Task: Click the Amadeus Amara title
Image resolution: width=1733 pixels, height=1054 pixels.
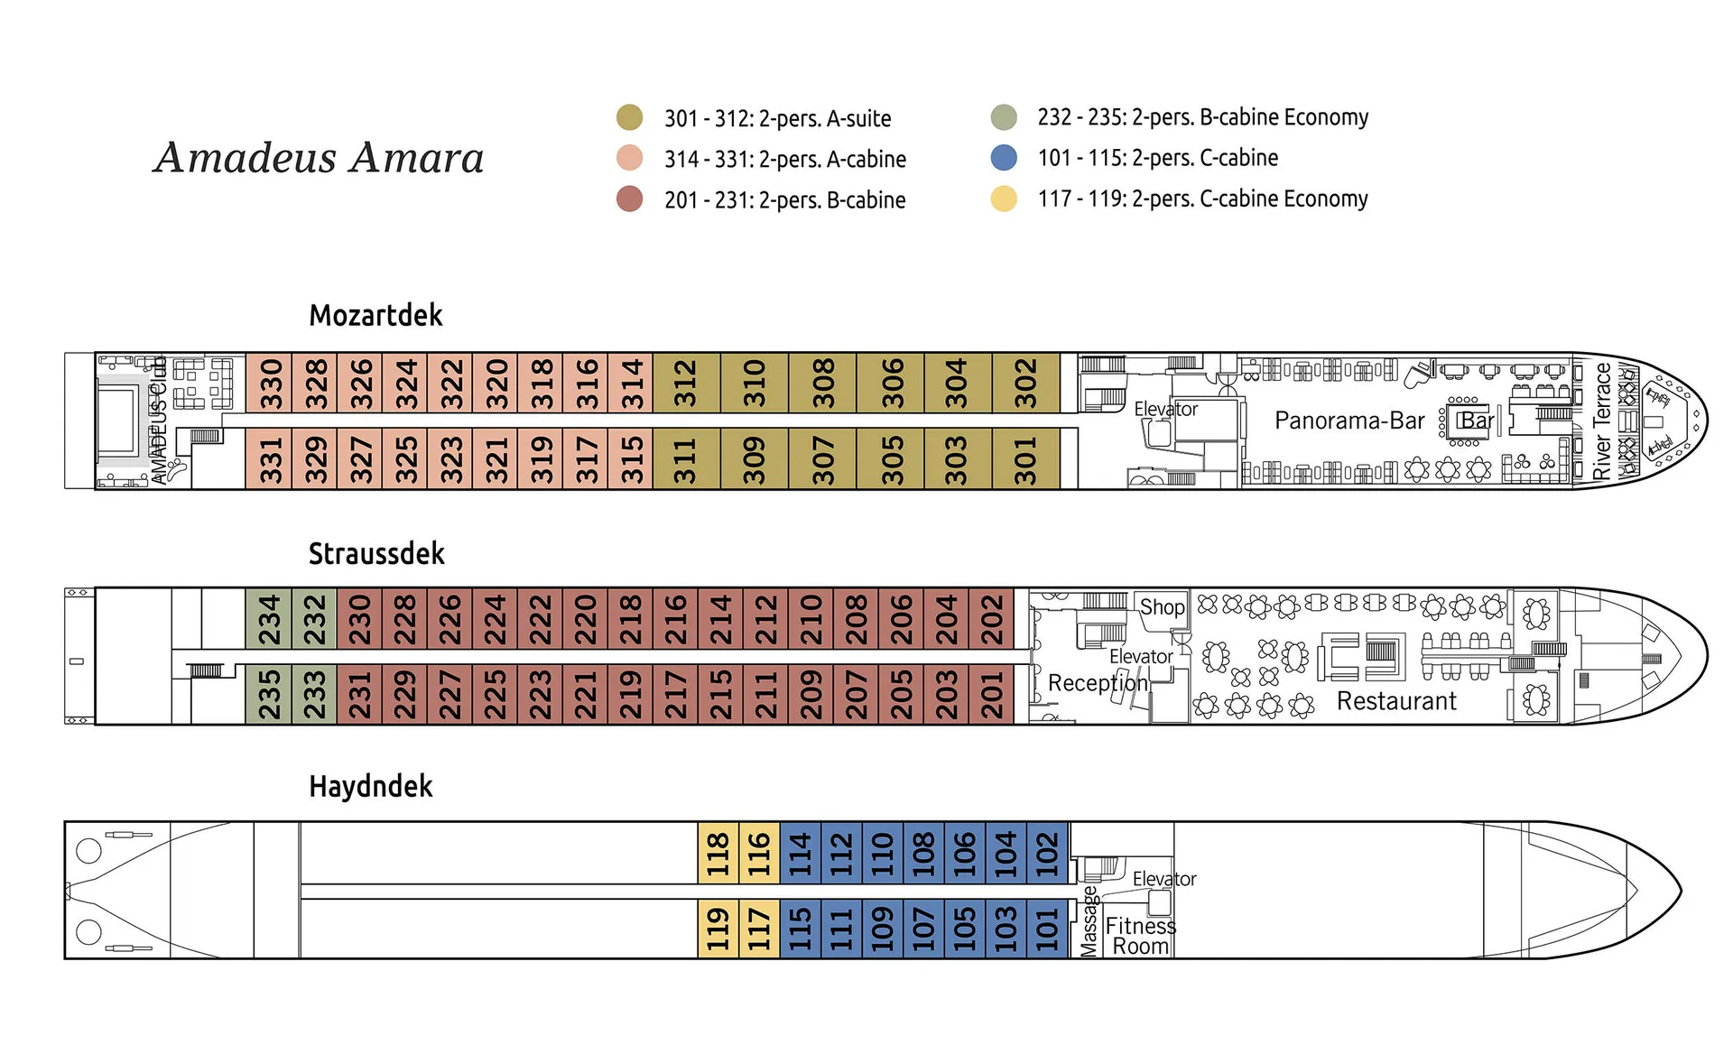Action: click(319, 158)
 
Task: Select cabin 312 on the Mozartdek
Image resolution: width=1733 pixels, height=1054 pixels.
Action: click(686, 384)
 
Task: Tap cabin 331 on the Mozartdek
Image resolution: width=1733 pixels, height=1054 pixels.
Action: click(270, 459)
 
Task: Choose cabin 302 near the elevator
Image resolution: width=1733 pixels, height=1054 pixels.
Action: click(1025, 384)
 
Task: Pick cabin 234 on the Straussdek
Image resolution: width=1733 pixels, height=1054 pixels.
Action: click(269, 619)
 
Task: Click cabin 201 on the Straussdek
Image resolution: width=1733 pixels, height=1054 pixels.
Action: click(992, 694)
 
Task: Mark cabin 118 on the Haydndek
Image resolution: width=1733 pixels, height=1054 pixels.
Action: click(718, 854)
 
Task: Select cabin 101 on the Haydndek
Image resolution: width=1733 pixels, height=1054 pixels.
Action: click(1047, 929)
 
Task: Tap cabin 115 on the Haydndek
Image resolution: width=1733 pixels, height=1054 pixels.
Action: click(800, 929)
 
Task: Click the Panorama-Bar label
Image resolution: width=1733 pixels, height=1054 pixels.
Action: click(1349, 421)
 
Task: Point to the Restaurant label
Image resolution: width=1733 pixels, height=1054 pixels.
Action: click(1396, 701)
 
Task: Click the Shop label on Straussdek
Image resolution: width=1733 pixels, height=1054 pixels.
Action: click(1162, 607)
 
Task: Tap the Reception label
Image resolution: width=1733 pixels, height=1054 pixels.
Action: click(1098, 683)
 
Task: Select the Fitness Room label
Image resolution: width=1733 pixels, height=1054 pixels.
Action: click(1140, 936)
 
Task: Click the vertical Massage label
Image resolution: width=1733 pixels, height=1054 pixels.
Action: click(1089, 921)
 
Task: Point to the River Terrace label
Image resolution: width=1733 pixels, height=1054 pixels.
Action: click(1602, 421)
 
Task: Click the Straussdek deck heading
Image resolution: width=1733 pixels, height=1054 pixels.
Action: click(376, 553)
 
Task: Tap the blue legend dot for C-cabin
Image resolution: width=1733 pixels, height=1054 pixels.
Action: click(1004, 158)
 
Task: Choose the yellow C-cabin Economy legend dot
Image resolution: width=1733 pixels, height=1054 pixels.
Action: click(1004, 199)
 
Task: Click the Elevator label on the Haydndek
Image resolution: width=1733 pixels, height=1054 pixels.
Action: click(1164, 879)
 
